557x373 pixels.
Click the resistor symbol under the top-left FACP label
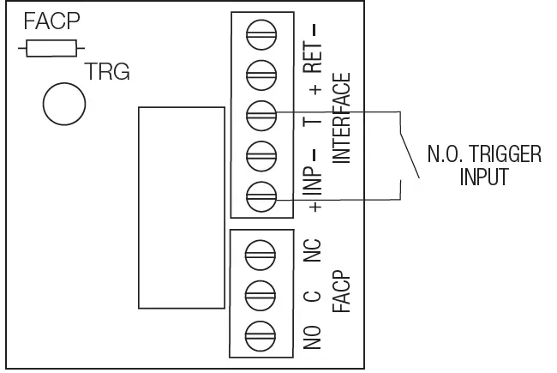(51, 49)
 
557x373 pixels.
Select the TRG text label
(107, 73)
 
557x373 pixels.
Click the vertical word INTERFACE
(342, 118)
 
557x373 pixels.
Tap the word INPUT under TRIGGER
(484, 177)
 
